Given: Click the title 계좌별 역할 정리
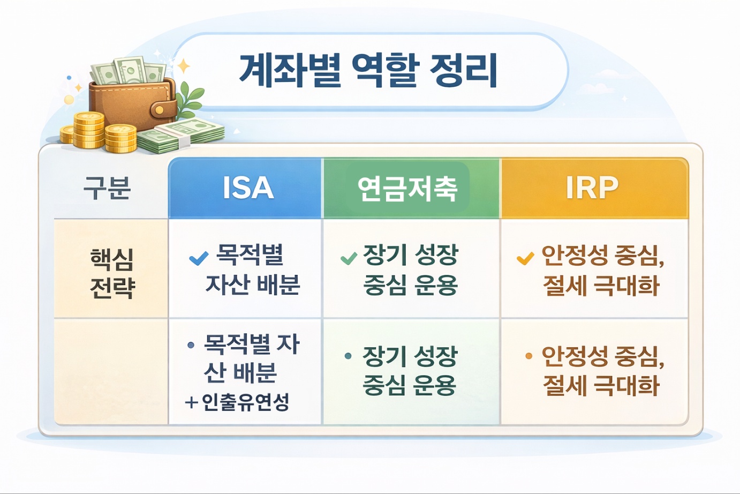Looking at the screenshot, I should [x=368, y=70].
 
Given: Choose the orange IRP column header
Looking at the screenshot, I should [x=592, y=188].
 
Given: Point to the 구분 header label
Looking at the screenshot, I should [x=107, y=188].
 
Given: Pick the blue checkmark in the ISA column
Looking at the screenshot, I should [x=199, y=258].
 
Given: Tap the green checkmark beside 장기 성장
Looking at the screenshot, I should [x=349, y=259].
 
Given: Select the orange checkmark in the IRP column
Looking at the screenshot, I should [x=525, y=258].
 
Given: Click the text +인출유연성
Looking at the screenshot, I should [x=237, y=402].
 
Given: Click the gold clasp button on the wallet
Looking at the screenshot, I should [x=159, y=110].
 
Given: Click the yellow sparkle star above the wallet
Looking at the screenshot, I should [x=184, y=66].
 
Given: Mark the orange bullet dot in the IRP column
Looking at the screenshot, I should [x=528, y=356].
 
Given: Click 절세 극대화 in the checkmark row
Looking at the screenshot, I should [x=601, y=285].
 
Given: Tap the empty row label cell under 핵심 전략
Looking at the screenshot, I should [x=111, y=371].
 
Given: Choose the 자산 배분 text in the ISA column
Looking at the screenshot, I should [x=253, y=285].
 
